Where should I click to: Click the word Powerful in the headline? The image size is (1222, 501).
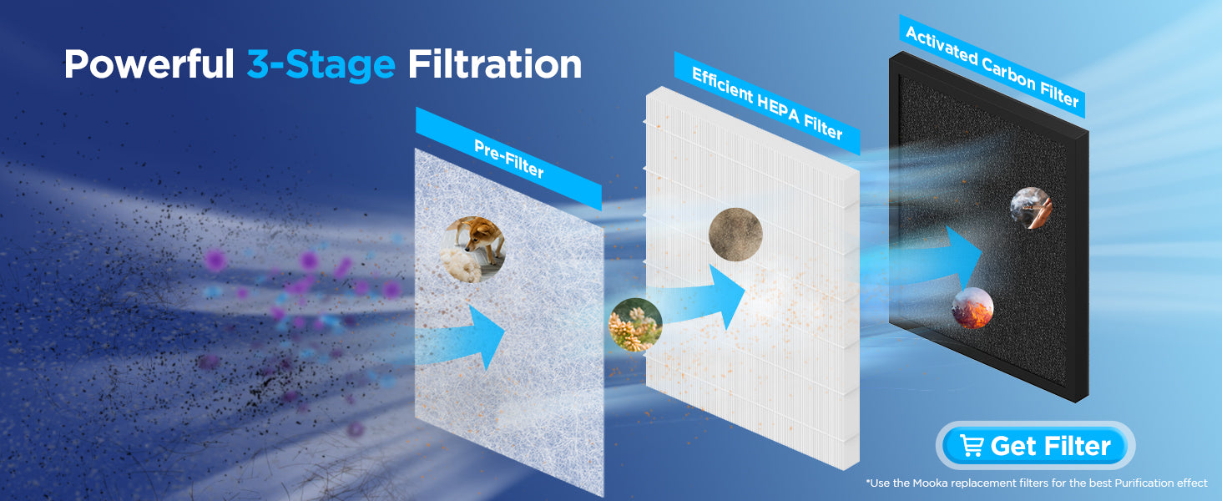tap(149, 65)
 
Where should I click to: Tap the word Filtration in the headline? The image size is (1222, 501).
tap(495, 64)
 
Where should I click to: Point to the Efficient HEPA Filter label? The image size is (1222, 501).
tap(767, 104)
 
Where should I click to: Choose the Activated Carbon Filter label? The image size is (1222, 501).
tap(992, 67)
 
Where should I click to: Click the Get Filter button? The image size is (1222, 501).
tap(1035, 445)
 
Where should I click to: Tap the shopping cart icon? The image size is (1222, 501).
tap(972, 446)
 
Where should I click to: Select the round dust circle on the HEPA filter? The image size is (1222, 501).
tap(735, 234)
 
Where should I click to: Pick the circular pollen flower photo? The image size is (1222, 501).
tap(635, 324)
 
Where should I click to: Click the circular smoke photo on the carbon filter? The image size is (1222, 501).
tap(1031, 208)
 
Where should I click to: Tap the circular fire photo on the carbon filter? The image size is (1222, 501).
tap(972, 308)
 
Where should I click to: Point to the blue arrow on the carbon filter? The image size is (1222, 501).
tap(938, 259)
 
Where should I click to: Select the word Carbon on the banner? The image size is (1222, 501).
tap(1008, 73)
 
